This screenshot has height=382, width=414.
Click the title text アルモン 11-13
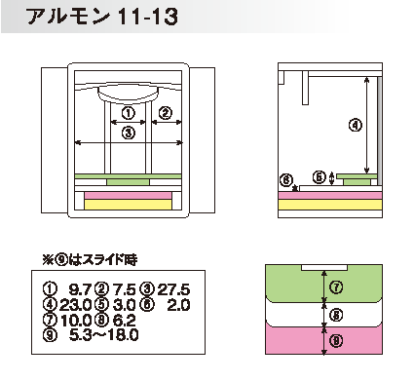click(x=102, y=17)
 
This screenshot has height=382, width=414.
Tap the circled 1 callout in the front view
click(x=129, y=113)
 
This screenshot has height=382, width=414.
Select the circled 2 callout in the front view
click(x=166, y=113)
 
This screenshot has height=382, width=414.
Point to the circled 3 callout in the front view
click(x=129, y=133)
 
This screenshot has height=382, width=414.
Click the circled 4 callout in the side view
click(x=356, y=125)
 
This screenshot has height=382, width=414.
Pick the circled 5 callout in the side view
click(x=320, y=177)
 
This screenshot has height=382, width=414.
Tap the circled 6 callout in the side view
click(x=286, y=180)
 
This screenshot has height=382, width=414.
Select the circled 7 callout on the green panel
click(x=336, y=287)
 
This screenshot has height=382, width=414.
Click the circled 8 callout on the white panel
click(x=336, y=315)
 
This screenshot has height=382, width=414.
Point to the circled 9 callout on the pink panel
click(x=336, y=340)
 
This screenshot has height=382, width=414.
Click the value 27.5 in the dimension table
click(x=173, y=289)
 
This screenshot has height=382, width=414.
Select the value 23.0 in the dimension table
click(x=75, y=305)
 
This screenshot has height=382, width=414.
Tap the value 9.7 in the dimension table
click(x=81, y=289)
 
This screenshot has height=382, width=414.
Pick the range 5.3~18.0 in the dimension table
click(x=104, y=335)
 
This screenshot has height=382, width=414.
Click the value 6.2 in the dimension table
click(x=124, y=321)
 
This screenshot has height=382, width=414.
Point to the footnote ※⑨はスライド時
click(x=90, y=259)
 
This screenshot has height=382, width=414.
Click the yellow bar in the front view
click(x=128, y=205)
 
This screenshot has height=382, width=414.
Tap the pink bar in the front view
click(x=128, y=195)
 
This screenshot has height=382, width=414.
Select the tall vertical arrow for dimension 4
click(x=367, y=125)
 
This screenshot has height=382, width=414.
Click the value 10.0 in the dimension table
click(x=76, y=321)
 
